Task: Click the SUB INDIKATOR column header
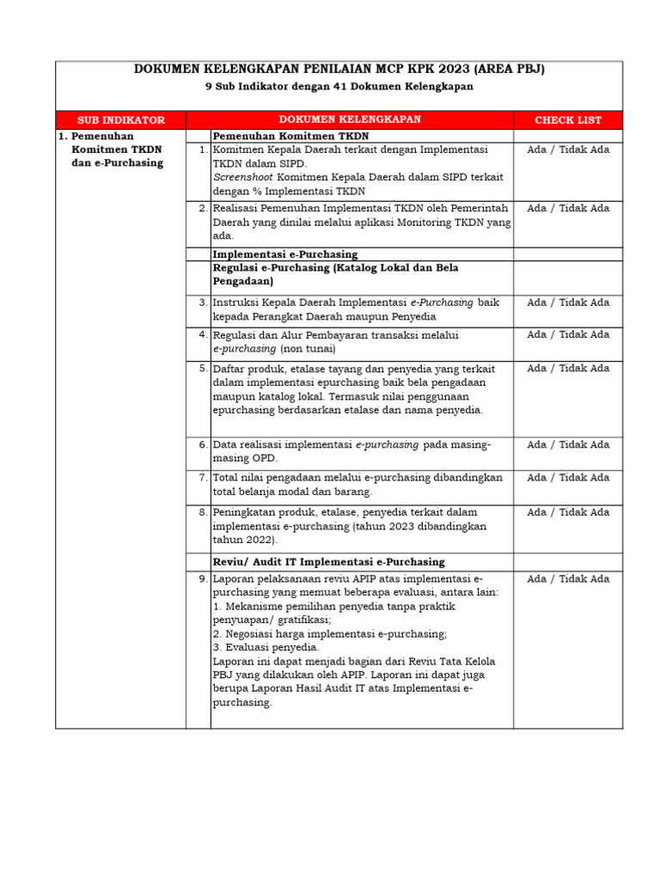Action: pyautogui.click(x=121, y=120)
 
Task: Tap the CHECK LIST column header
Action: pyautogui.click(x=568, y=120)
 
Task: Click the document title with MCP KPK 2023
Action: pyautogui.click(x=339, y=70)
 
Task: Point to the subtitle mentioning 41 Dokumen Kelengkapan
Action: pyautogui.click(x=339, y=87)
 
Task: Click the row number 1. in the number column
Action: pyautogui.click(x=202, y=150)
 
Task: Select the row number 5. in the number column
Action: pyautogui.click(x=202, y=369)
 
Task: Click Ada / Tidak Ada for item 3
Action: pyautogui.click(x=568, y=302)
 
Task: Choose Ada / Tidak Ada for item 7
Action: pyautogui.click(x=568, y=478)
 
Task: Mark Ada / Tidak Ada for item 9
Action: pyautogui.click(x=568, y=579)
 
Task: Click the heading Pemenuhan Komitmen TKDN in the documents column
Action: pyautogui.click(x=291, y=136)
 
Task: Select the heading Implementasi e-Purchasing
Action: pyautogui.click(x=285, y=254)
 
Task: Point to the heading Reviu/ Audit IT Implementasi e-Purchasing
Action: pyautogui.click(x=328, y=562)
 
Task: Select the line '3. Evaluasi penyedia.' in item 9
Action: pyautogui.click(x=266, y=647)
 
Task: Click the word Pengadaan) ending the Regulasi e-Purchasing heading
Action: pyautogui.click(x=243, y=281)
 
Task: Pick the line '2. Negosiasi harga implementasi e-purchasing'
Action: pyautogui.click(x=329, y=633)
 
